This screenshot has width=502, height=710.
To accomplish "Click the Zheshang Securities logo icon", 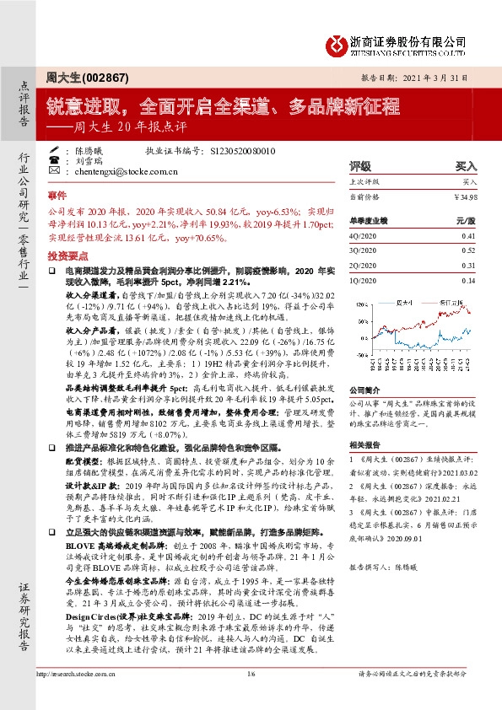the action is [337, 43].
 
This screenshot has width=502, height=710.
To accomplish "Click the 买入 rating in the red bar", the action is [466, 167].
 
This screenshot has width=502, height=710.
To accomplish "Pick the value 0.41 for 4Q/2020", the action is [468, 238].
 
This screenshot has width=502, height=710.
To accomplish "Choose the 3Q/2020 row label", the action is [364, 251].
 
